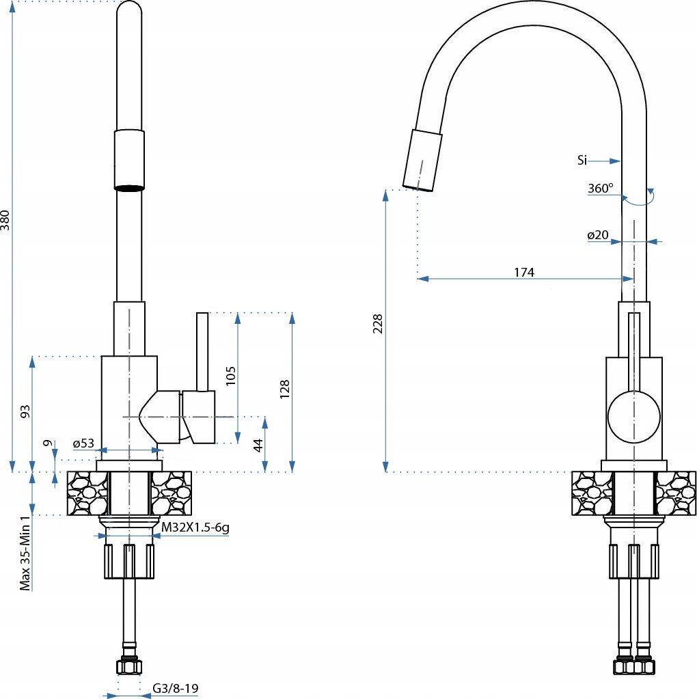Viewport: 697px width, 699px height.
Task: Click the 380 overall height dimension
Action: click(5, 220)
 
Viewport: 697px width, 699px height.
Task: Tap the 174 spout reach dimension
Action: click(524, 272)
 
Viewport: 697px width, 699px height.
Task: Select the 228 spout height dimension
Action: click(378, 324)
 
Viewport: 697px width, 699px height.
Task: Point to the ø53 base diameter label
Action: click(84, 443)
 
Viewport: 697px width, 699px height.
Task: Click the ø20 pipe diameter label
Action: click(597, 235)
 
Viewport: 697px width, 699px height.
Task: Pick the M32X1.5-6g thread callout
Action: click(195, 527)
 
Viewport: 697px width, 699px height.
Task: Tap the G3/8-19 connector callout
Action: click(175, 688)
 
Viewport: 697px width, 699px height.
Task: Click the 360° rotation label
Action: click(600, 188)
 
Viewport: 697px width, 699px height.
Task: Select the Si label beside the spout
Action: click(582, 160)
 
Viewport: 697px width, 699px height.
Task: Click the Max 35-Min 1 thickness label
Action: click(26, 553)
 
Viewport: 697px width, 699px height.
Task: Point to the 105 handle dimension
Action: click(230, 376)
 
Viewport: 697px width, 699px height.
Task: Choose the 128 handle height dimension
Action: click(284, 389)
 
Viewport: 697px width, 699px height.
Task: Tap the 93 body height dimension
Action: click(25, 411)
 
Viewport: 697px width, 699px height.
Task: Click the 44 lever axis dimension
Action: click(258, 446)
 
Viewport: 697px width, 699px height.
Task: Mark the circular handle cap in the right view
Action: click(633, 417)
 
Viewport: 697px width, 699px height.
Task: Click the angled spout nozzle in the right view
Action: click(422, 161)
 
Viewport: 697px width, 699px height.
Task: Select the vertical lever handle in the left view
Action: click(202, 352)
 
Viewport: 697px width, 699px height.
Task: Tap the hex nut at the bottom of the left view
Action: click(129, 667)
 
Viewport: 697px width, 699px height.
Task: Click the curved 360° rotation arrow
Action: click(639, 198)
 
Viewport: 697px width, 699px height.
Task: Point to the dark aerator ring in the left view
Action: click(129, 188)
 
